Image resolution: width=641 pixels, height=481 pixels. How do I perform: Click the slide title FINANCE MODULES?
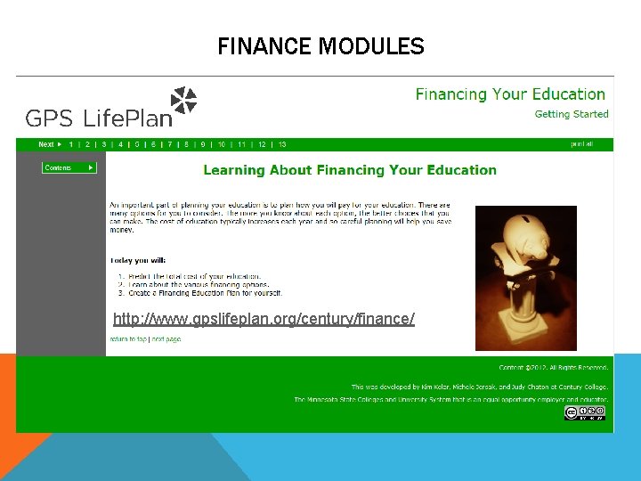coord(320,45)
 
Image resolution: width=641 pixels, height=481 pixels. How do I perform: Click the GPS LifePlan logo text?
coord(98,118)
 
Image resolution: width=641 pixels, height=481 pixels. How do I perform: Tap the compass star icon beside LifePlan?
coord(184,101)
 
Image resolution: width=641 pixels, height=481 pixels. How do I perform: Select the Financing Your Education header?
coord(510,94)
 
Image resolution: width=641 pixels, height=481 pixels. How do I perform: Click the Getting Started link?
coord(571,114)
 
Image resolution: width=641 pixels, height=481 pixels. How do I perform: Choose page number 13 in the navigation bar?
coord(282,144)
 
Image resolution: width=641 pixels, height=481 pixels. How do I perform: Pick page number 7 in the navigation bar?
coord(169,144)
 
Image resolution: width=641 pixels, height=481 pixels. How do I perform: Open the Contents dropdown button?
coord(69,167)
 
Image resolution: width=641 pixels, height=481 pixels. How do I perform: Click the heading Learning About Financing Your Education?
coord(350,169)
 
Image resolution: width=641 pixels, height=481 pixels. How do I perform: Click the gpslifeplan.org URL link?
coord(264,318)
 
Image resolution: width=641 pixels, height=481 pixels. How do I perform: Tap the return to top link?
coord(128,339)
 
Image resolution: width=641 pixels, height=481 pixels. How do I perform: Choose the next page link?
coord(166,339)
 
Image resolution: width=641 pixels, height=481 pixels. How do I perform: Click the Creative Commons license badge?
coord(586,412)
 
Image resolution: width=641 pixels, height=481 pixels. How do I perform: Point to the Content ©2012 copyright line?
coord(554,367)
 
